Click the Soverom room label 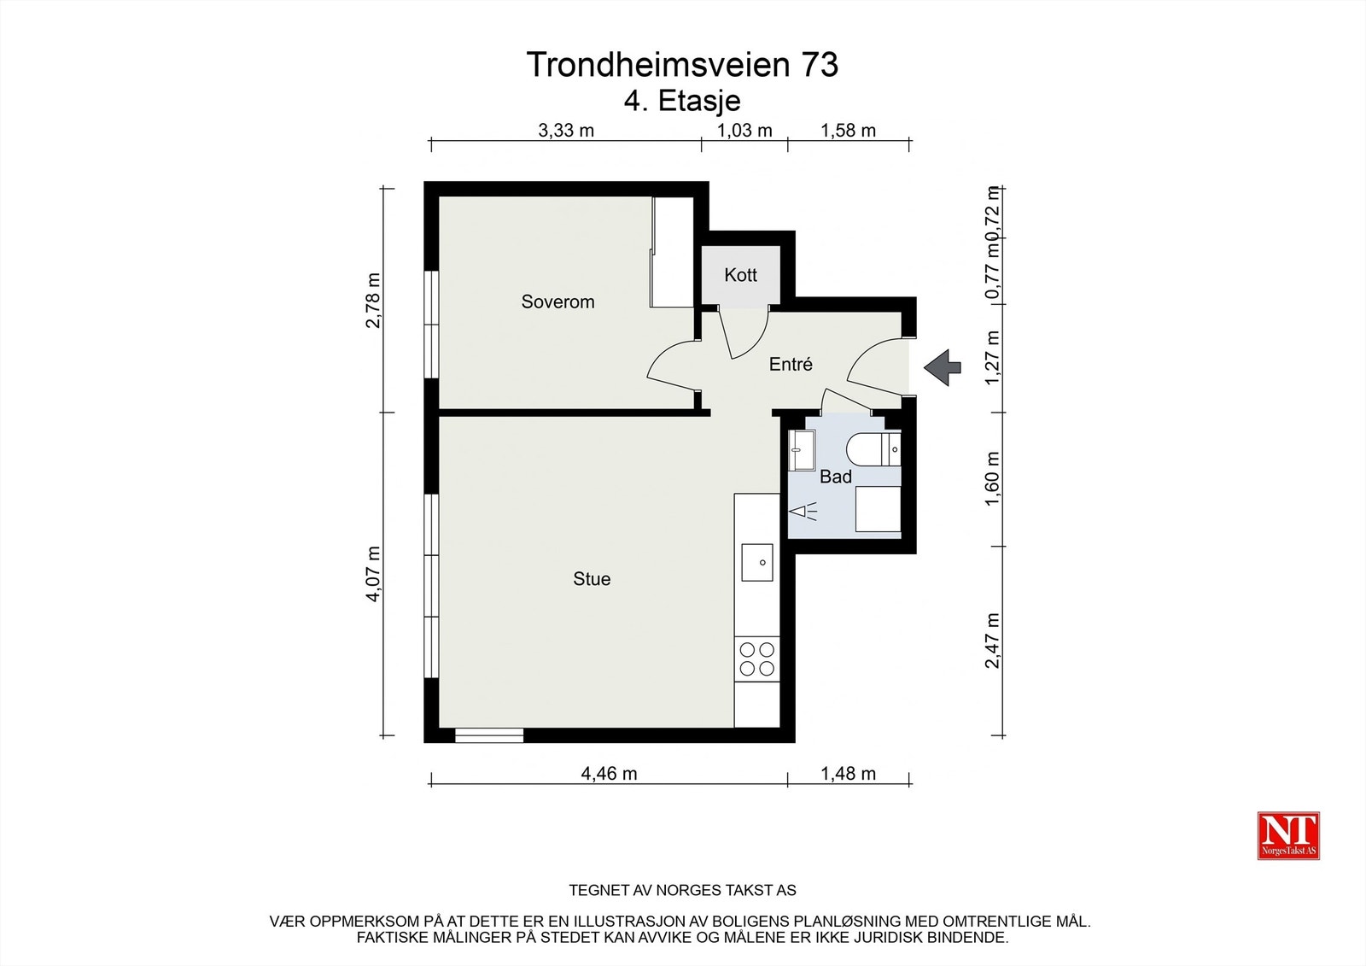(x=557, y=302)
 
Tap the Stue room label (x=592, y=579)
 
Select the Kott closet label (x=740, y=275)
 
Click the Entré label (x=791, y=365)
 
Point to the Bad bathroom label (x=835, y=477)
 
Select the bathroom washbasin (x=803, y=449)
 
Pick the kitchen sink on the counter (x=757, y=562)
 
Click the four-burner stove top (x=756, y=659)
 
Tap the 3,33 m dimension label (x=565, y=131)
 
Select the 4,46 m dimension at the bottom (x=609, y=774)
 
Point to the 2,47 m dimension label (x=992, y=641)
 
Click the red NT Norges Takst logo (x=1288, y=835)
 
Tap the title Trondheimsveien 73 (x=682, y=65)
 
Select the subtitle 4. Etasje (x=682, y=101)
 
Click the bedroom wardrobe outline (x=672, y=252)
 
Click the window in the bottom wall (x=488, y=735)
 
